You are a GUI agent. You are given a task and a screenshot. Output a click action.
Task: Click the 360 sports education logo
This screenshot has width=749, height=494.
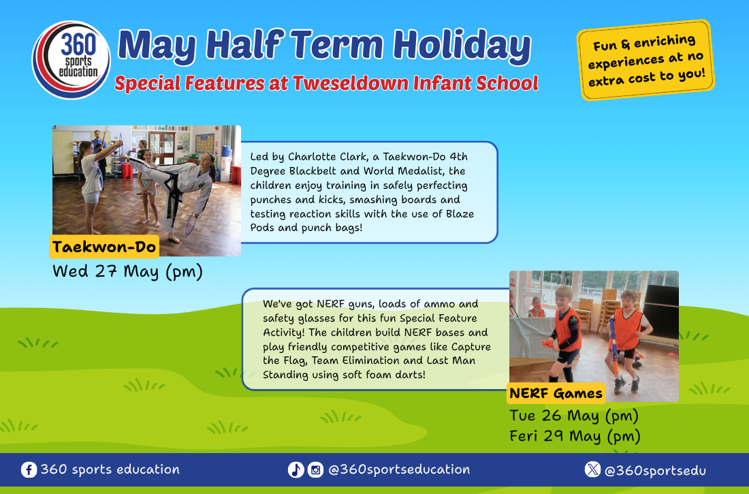click(71, 60)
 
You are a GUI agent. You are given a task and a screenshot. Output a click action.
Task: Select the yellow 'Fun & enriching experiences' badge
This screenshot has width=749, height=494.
click(646, 60)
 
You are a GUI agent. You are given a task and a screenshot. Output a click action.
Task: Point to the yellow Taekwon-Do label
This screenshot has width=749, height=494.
click(104, 247)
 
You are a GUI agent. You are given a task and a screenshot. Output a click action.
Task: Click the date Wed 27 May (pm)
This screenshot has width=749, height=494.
click(127, 271)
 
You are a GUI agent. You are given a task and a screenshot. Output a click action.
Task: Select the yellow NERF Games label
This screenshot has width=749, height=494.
click(556, 393)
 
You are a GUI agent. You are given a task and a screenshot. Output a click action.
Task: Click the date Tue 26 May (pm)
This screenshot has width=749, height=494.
click(574, 416)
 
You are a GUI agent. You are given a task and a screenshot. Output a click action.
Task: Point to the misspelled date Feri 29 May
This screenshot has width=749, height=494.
click(555, 436)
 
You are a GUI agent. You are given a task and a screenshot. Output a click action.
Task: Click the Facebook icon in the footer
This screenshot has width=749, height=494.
click(29, 469)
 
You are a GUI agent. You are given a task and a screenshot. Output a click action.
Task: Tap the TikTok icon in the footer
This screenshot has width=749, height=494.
click(296, 469)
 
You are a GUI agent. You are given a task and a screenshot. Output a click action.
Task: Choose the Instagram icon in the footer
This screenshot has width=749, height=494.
click(315, 469)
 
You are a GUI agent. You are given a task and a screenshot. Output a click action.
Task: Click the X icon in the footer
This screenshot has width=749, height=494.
click(592, 469)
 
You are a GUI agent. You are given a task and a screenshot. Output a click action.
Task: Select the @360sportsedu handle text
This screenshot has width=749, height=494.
click(655, 471)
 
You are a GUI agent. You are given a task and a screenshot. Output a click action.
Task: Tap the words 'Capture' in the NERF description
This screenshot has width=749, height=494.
click(471, 347)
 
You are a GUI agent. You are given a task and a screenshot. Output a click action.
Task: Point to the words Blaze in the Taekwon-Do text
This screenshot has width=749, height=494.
click(460, 214)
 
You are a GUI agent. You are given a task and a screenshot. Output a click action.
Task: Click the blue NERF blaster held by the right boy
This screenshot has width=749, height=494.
click(614, 344)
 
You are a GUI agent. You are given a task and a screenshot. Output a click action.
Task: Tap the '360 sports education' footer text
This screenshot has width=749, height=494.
click(110, 469)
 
